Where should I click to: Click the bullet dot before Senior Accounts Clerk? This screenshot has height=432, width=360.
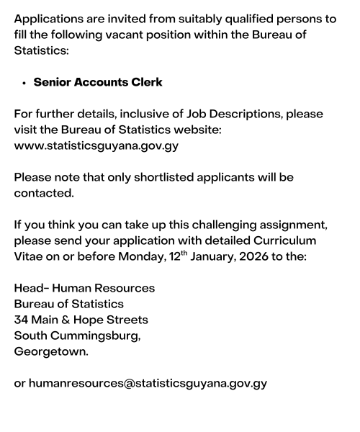tap(25, 83)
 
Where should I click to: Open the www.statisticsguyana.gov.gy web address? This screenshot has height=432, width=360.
tap(96, 146)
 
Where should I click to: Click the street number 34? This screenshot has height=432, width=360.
tap(22, 320)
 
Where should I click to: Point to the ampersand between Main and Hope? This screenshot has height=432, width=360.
tap(68, 320)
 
